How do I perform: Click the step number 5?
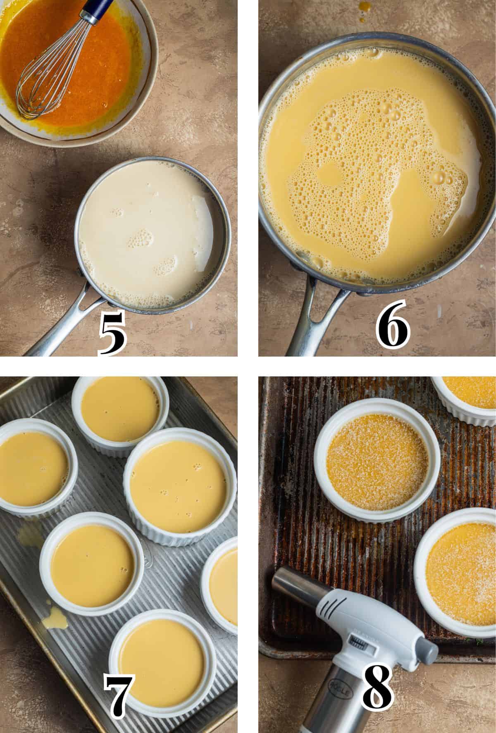112,334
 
